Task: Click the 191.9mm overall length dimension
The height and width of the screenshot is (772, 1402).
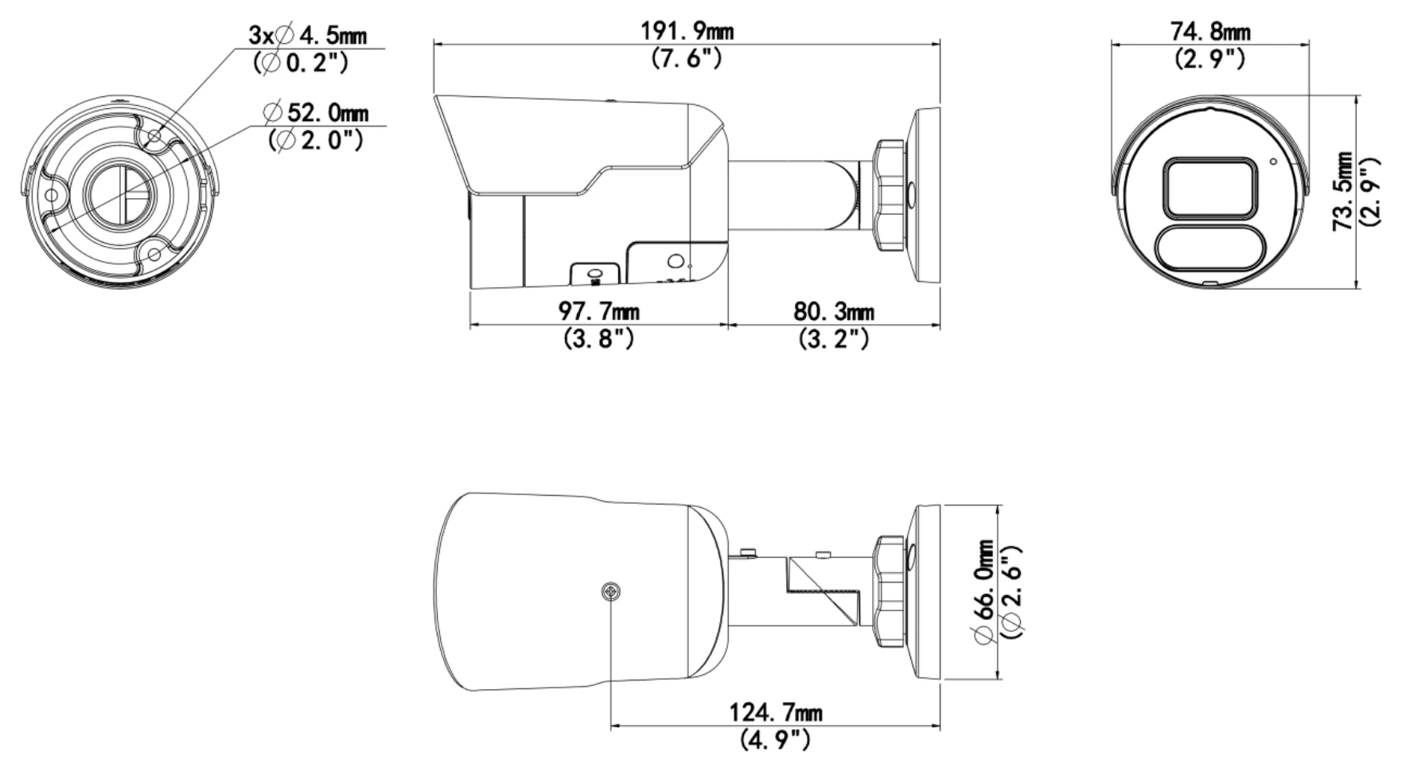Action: click(x=687, y=31)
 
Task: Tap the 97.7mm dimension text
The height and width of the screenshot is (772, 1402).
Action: click(x=599, y=311)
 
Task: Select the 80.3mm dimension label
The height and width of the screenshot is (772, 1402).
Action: click(x=833, y=311)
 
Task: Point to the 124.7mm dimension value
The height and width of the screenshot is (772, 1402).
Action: click(x=776, y=712)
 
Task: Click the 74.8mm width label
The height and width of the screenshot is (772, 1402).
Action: click(x=1210, y=31)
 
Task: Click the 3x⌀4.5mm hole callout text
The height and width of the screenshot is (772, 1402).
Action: click(x=308, y=35)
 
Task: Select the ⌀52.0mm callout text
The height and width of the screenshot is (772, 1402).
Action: click(x=319, y=112)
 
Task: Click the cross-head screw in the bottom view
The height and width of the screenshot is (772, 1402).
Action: click(x=611, y=591)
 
